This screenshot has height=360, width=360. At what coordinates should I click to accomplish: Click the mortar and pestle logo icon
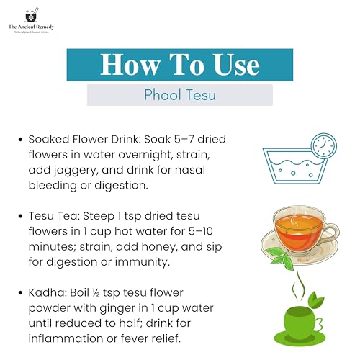coord(32,15)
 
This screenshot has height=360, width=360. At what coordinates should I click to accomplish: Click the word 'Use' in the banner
coord(236,65)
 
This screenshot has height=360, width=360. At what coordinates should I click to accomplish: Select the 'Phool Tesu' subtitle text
coord(180,95)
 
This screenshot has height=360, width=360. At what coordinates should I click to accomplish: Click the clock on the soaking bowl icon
coord(324,146)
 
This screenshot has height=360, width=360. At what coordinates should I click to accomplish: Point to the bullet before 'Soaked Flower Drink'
coord(21,140)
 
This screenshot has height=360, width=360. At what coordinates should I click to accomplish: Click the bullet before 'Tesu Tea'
coord(21,216)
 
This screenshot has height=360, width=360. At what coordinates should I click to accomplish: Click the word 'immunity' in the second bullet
coord(142,262)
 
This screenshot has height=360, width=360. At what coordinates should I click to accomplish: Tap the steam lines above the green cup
coord(298,286)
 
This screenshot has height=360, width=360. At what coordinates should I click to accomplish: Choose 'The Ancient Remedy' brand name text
coord(32,27)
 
